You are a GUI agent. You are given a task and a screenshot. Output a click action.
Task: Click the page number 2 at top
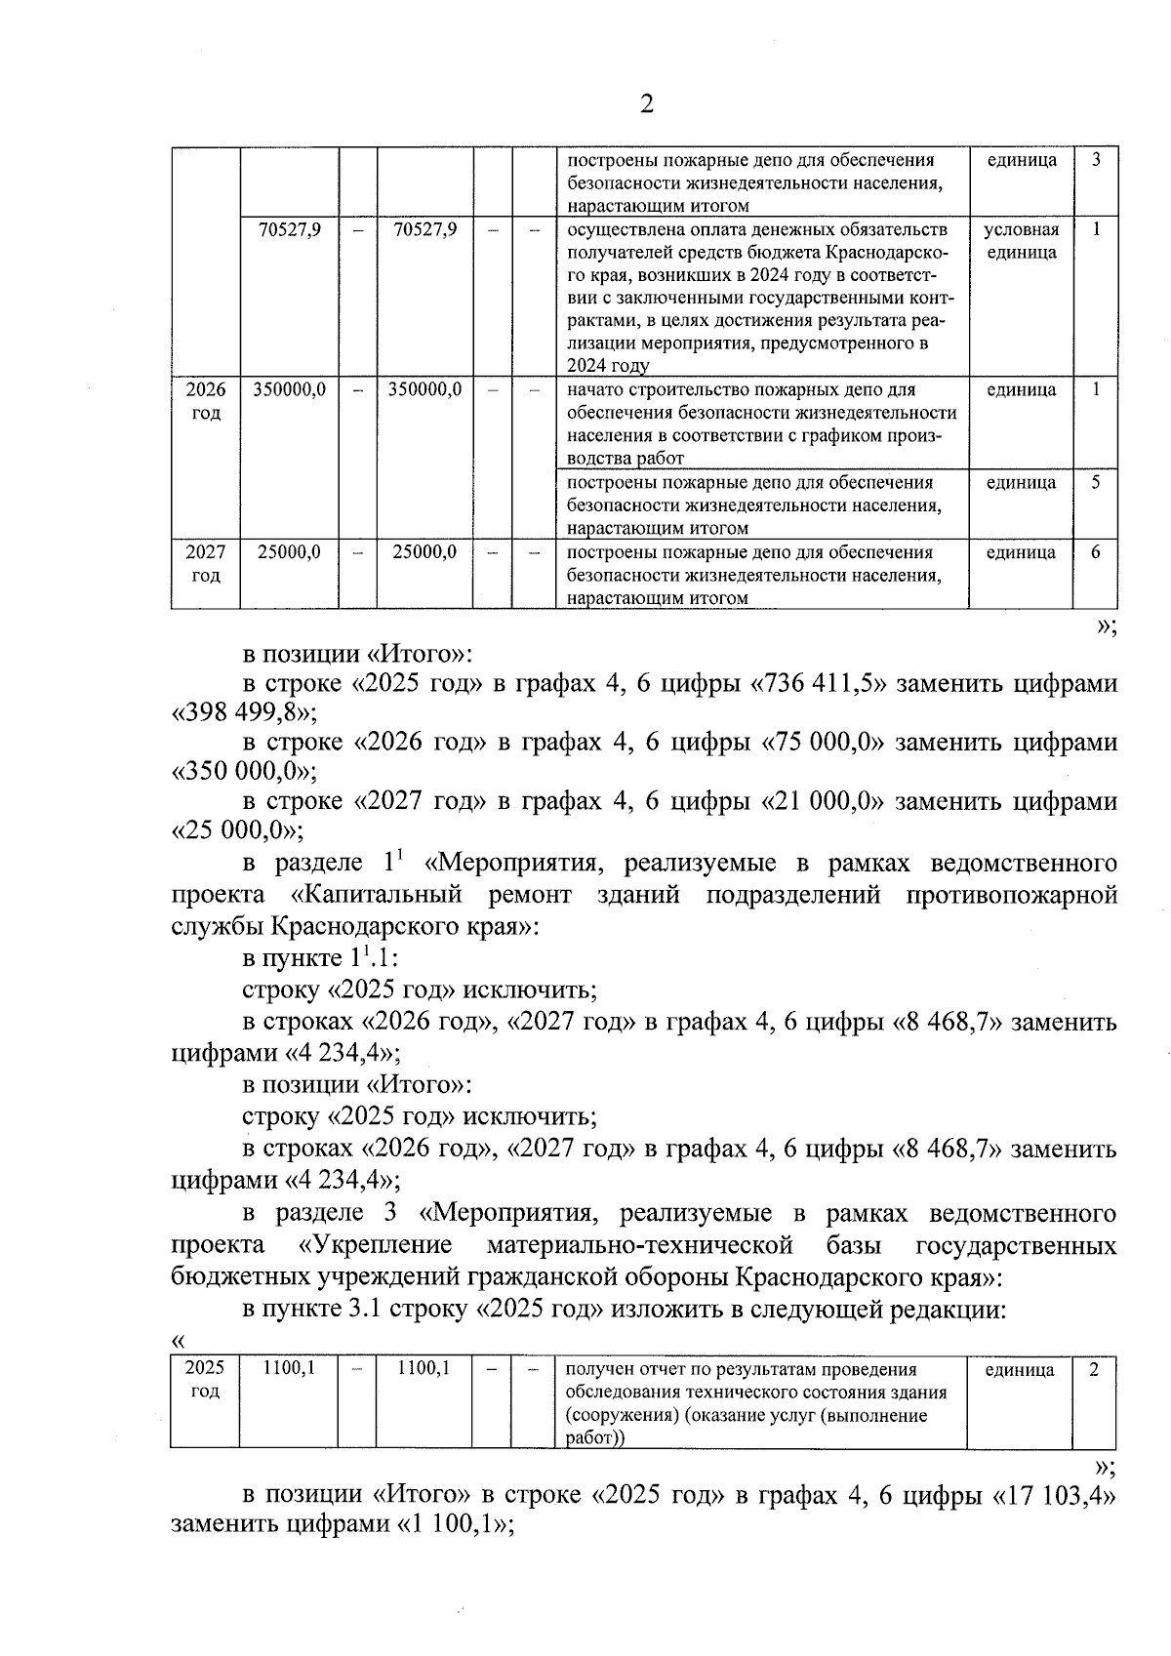tap(645, 104)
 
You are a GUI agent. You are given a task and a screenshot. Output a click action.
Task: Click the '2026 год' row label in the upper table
tap(206, 401)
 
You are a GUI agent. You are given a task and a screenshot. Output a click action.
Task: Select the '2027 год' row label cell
tap(206, 564)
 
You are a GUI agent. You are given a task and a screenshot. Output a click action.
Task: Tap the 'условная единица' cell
tap(1021, 241)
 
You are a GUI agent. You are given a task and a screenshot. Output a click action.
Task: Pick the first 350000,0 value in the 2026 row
tap(289, 389)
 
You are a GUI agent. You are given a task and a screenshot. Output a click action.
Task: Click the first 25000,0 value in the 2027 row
tap(289, 552)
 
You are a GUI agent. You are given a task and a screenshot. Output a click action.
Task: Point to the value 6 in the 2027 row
tap(1096, 552)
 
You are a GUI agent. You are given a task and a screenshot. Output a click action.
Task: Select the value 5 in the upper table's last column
tap(1096, 483)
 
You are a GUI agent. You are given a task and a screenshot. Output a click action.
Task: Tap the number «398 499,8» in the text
tap(243, 713)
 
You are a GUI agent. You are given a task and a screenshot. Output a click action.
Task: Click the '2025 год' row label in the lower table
tap(205, 1380)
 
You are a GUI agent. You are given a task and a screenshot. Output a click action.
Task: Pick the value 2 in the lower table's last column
tap(1095, 1369)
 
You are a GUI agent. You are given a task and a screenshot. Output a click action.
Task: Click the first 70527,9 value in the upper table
tap(289, 230)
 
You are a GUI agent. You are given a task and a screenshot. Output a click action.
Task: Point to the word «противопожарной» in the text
tap(1011, 895)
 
